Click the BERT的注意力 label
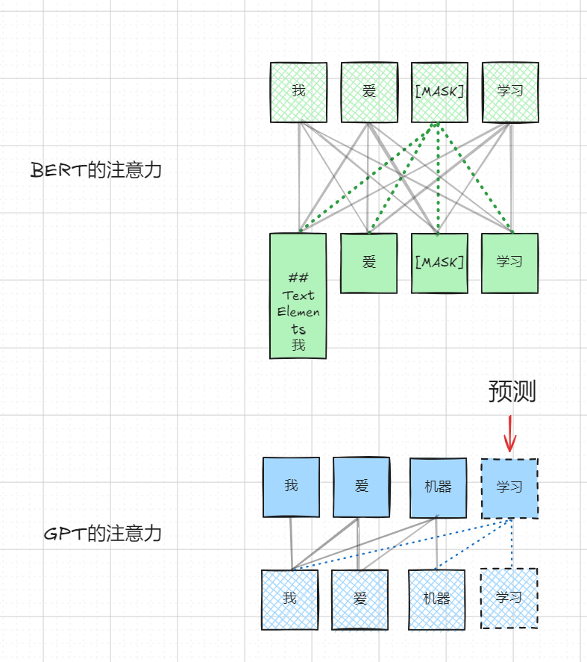click(x=96, y=170)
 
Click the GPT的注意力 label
click(x=103, y=534)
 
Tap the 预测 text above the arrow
click(x=512, y=391)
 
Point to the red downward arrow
click(x=510, y=434)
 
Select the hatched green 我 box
click(x=298, y=92)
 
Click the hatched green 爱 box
click(x=369, y=92)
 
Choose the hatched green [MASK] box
click(x=439, y=92)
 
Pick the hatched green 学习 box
click(x=510, y=92)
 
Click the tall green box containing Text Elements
click(x=298, y=296)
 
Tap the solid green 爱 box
click(x=369, y=263)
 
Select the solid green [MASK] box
click(x=439, y=263)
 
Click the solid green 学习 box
click(x=509, y=263)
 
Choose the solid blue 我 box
click(x=291, y=487)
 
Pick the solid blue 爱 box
click(x=361, y=487)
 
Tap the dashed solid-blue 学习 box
click(x=509, y=488)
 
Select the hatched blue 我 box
click(x=289, y=599)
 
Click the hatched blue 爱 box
click(x=360, y=599)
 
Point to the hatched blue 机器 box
click(x=436, y=599)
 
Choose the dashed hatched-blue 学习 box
click(x=509, y=599)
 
